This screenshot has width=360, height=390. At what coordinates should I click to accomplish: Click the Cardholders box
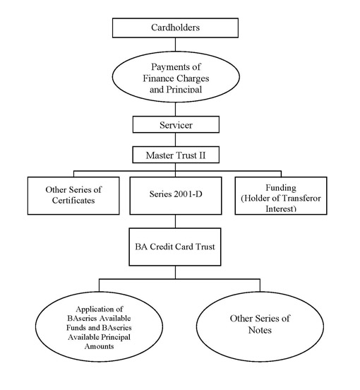pyautogui.click(x=175, y=28)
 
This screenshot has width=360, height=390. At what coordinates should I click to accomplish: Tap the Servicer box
pyautogui.click(x=176, y=124)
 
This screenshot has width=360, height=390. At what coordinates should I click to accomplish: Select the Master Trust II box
pyautogui.click(x=176, y=155)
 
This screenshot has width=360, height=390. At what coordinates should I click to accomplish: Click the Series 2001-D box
pyautogui.click(x=175, y=196)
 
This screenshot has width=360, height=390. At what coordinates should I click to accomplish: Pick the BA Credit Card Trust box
pyautogui.click(x=175, y=247)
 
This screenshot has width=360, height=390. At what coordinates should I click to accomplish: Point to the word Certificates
pyautogui.click(x=73, y=200)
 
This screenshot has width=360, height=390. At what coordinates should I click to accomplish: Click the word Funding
pyautogui.click(x=281, y=187)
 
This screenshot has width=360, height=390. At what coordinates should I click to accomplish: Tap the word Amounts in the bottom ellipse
pyautogui.click(x=99, y=346)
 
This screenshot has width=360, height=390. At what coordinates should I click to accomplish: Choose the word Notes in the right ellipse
pyautogui.click(x=260, y=330)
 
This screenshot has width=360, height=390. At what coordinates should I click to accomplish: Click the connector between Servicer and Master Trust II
pyautogui.click(x=175, y=139)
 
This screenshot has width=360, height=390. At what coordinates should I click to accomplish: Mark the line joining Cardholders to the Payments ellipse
pyautogui.click(x=175, y=45)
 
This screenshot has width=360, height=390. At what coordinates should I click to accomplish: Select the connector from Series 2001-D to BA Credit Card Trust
pyautogui.click(x=175, y=221)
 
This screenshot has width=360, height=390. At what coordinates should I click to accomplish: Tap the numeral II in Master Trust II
pyautogui.click(x=201, y=155)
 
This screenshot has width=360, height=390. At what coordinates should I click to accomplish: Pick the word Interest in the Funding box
pyautogui.click(x=281, y=208)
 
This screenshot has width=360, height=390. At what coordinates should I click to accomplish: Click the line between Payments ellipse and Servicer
pyautogui.click(x=175, y=109)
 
